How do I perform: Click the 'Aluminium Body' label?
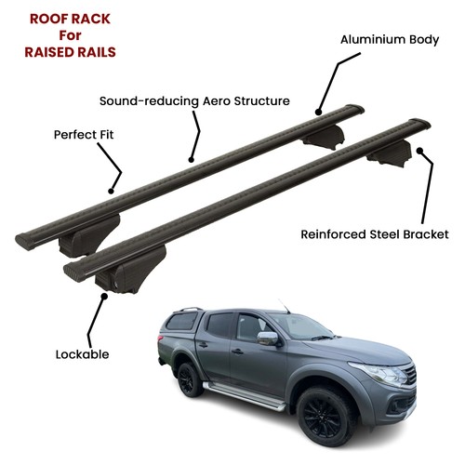pos(390,40)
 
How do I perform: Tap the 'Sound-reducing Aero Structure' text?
pos(194,101)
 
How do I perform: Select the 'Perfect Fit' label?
pos(84,135)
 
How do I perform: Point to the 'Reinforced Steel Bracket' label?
pos(375,234)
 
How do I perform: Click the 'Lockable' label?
pos(82,354)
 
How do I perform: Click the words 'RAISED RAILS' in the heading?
pos(70,52)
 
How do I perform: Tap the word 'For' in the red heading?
pos(70,35)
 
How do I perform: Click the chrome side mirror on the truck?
pos(268,339)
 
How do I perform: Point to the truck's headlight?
pos(380,373)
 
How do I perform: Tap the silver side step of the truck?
pos(244,396)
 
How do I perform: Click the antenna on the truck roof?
pos(284,306)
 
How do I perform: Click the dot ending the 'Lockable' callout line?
pos(104,297)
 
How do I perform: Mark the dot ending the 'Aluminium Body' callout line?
pos(318,113)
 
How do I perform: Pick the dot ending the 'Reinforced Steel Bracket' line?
pos(419,151)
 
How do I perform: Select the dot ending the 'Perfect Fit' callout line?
pos(111,192)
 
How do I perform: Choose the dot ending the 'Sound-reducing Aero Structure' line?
pos(191,160)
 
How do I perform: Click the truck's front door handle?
pos(237,352)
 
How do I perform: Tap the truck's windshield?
pos(299,325)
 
